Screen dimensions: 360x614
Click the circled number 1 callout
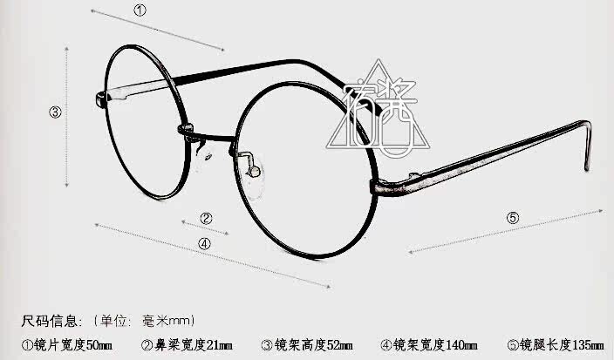(x=140, y=10)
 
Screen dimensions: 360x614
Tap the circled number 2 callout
(x=206, y=218)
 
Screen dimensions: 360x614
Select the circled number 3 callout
(x=54, y=112)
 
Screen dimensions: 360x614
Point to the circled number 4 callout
(x=204, y=244)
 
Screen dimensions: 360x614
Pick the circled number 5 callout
(x=513, y=217)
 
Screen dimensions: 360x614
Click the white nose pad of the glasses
(x=253, y=165)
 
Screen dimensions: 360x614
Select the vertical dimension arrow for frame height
(x=67, y=117)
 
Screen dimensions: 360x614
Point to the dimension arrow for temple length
(x=506, y=231)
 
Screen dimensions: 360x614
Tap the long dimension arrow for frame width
(x=209, y=255)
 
